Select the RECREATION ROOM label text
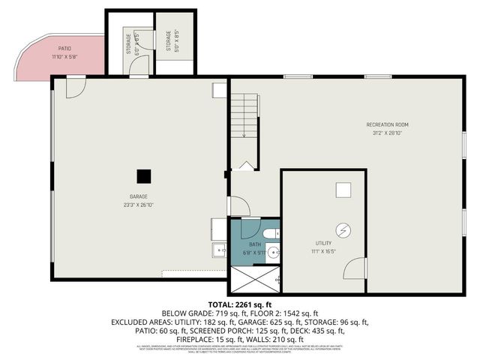pos(387,124)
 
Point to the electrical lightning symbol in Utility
pos(343,229)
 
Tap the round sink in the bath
pos(272,253)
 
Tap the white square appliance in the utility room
pos(343,190)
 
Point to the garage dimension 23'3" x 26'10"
pos(138,204)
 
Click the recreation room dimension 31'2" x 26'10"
pos(387,133)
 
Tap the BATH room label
pos(255,244)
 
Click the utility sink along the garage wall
pos(218,250)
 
